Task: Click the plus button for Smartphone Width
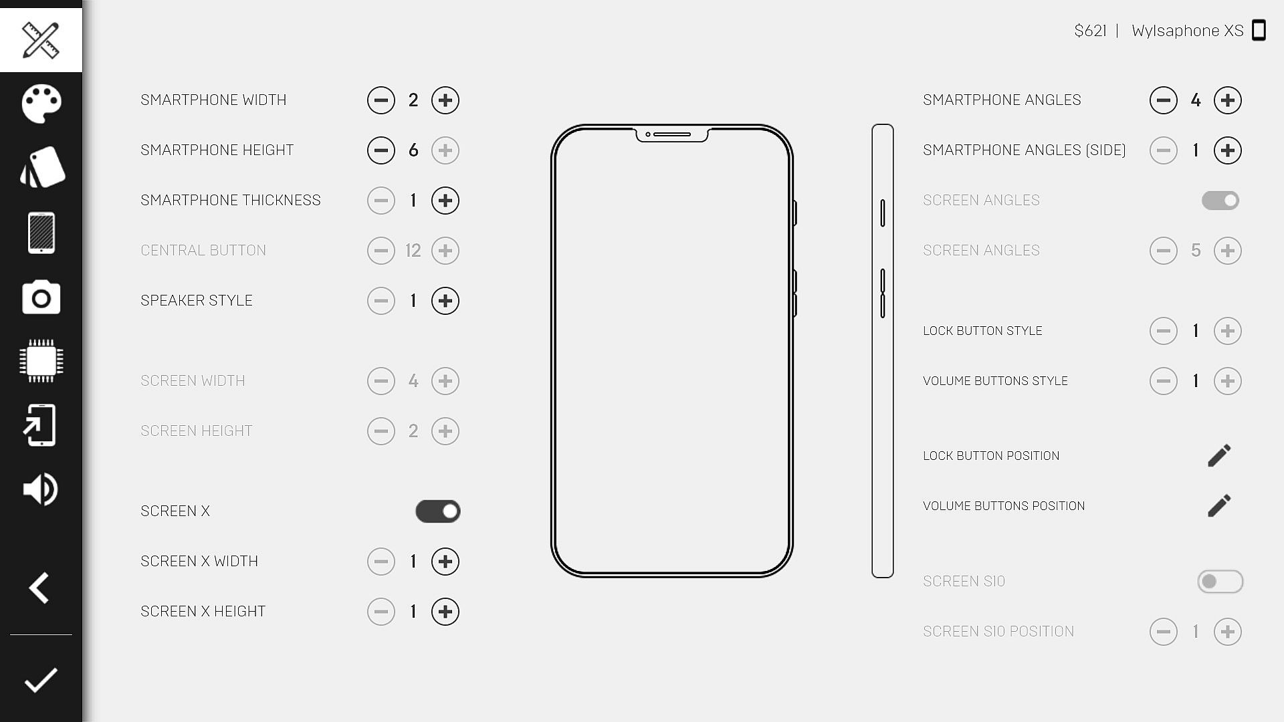(445, 100)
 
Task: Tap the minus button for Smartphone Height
(381, 150)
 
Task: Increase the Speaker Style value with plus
(445, 301)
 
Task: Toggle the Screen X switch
(438, 511)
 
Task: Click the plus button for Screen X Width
(445, 562)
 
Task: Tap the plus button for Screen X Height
(445, 612)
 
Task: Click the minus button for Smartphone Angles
(1164, 100)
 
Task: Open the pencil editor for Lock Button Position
(1219, 456)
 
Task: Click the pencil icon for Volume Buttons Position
(1219, 506)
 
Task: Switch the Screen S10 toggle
(1220, 582)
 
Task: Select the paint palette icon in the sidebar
(41, 104)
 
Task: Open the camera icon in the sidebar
(41, 297)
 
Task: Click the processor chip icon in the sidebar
(41, 361)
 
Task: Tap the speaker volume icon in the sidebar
(41, 489)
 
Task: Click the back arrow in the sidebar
(39, 588)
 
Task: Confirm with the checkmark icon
(41, 681)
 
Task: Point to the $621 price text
(1090, 31)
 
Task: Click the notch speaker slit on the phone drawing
(671, 134)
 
